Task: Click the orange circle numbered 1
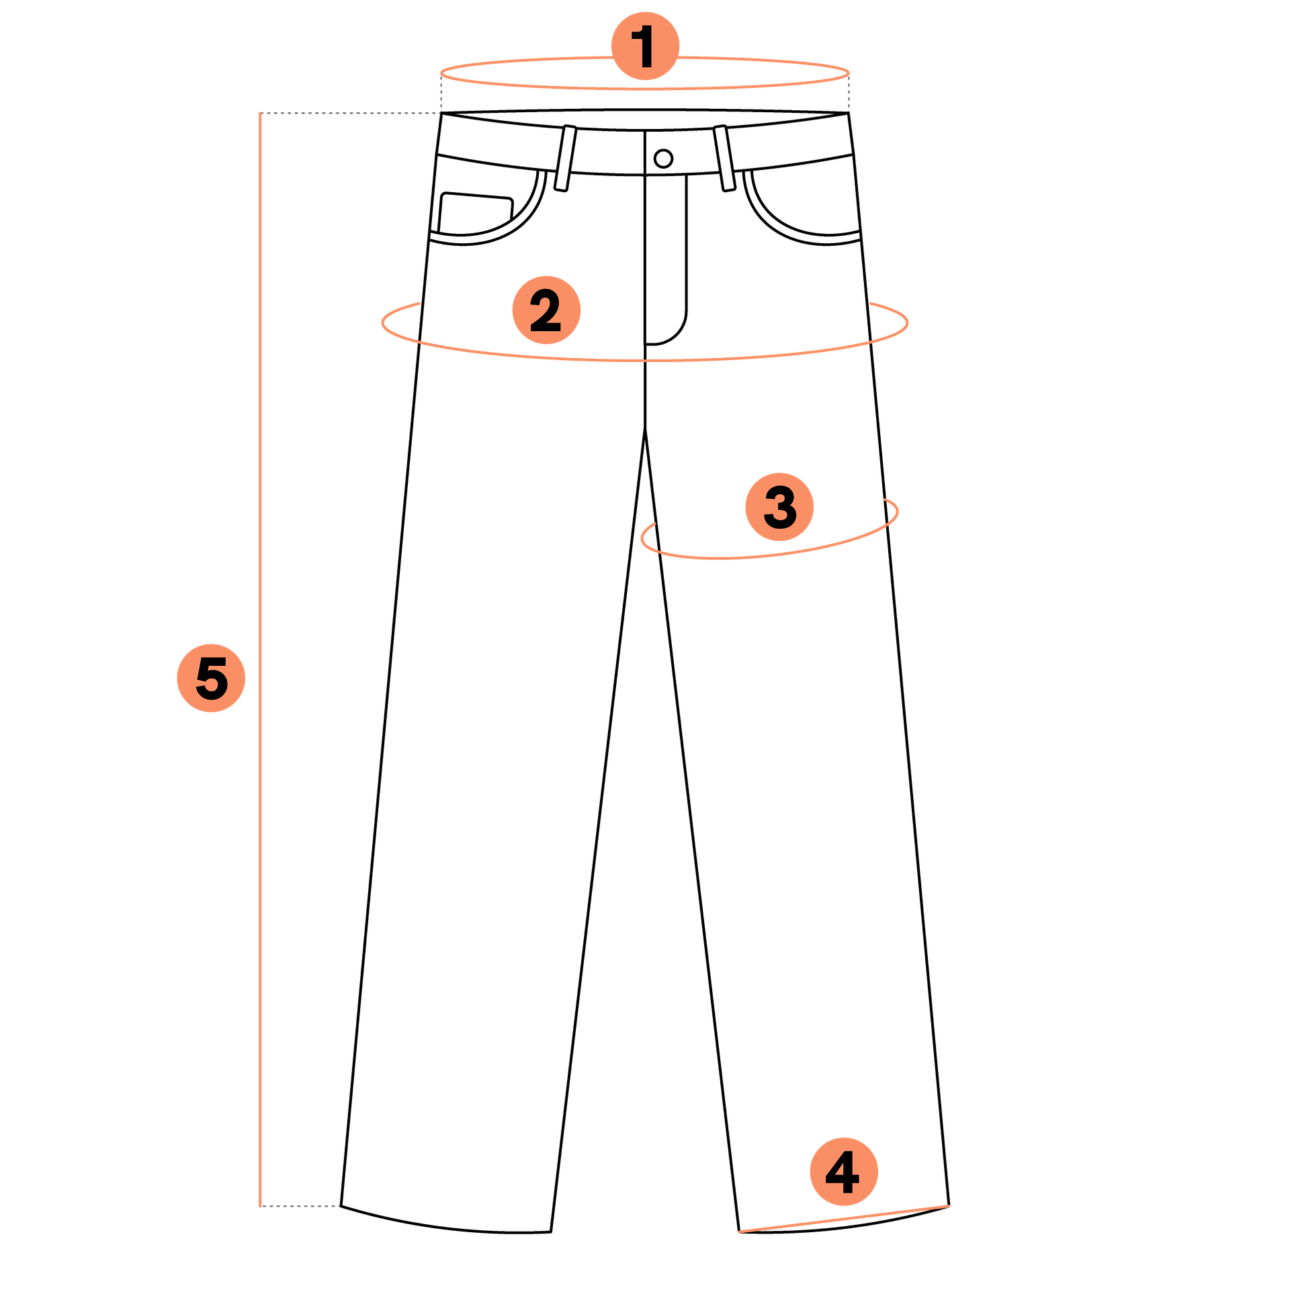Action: coord(645,46)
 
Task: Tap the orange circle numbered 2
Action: coord(546,310)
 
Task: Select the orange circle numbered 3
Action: coord(779,507)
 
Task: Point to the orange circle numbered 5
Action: coord(211,678)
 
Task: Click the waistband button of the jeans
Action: coord(663,159)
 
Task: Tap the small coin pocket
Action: coord(476,214)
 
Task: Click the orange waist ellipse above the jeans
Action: coord(645,88)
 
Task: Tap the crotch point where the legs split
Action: coord(645,427)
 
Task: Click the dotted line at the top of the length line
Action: coord(350,113)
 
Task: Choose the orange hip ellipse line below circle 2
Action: coord(645,361)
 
